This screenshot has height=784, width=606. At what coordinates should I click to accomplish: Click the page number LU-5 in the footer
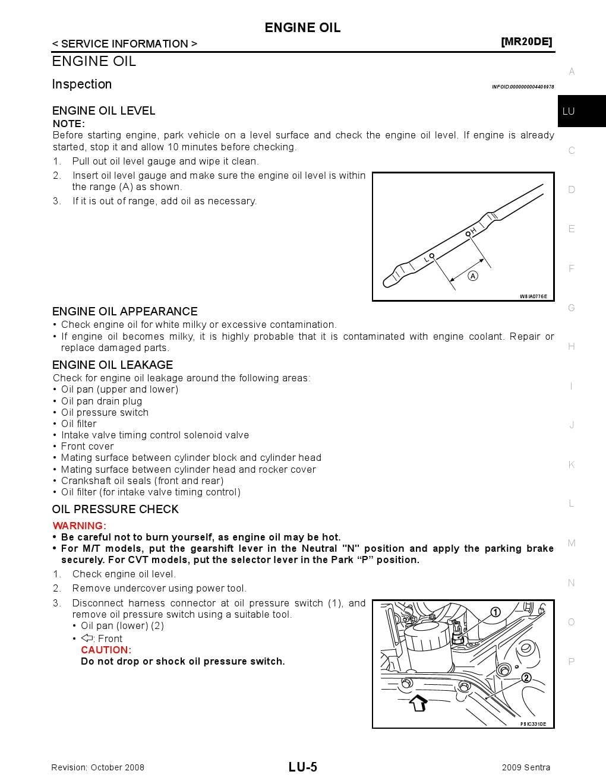303,767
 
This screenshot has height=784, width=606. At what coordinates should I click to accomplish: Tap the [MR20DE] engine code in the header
526,42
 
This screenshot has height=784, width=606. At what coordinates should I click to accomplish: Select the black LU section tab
581,111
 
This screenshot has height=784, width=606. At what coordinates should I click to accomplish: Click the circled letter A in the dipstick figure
473,276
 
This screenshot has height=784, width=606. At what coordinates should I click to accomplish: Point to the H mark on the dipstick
474,229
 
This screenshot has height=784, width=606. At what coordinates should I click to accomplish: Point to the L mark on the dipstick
427,259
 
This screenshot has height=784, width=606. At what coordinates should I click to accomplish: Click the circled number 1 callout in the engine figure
495,612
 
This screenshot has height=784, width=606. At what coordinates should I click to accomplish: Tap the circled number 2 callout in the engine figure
526,678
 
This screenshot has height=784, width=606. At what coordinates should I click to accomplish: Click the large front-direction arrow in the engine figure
419,703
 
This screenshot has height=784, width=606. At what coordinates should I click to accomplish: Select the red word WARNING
79,526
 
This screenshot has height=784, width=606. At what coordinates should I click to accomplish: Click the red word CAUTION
106,650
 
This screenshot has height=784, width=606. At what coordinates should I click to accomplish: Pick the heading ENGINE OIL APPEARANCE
125,311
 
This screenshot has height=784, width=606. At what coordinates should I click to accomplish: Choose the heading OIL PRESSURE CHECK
115,509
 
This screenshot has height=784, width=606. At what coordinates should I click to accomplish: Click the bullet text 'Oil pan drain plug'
102,401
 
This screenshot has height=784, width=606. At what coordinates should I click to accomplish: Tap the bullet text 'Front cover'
87,446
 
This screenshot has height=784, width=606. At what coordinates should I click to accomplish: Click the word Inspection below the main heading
82,84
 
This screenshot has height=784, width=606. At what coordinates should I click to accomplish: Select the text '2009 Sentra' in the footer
526,767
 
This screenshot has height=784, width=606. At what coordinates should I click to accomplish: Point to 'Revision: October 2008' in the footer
98,767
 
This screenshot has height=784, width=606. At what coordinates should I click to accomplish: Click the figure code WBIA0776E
533,296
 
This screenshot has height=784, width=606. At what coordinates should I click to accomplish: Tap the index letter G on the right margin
572,308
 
